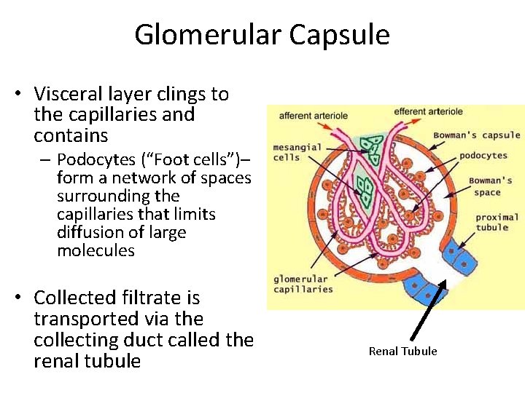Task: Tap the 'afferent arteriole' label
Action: click(314, 115)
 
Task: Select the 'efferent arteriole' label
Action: click(428, 111)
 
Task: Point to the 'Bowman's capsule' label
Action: click(477, 135)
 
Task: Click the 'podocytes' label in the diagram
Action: click(483, 155)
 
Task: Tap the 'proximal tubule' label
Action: click(497, 222)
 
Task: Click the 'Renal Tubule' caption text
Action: click(402, 352)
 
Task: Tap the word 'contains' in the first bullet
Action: click(71, 135)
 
